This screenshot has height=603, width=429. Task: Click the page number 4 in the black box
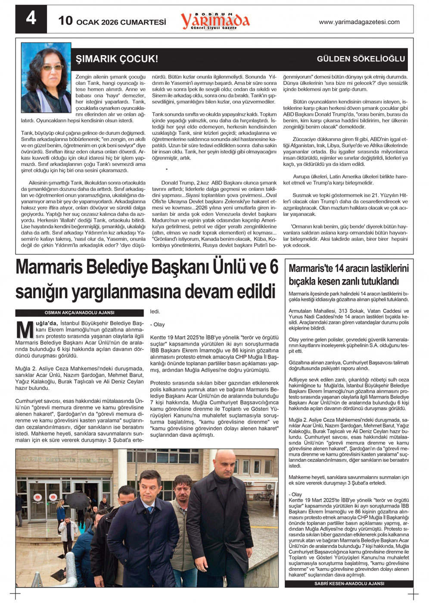(31, 18)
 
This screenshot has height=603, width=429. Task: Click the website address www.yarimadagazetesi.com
(359, 22)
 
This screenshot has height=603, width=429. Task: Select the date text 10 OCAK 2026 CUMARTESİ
(112, 21)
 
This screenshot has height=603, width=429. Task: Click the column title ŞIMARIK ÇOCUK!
(117, 59)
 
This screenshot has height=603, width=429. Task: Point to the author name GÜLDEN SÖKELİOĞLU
(361, 59)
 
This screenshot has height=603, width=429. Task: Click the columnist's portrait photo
(46, 78)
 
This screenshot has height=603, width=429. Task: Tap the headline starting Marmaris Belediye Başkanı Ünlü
(147, 279)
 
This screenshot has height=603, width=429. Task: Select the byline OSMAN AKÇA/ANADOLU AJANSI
(79, 313)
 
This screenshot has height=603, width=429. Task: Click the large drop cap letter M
(25, 329)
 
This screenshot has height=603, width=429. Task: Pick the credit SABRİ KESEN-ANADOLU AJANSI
(349, 584)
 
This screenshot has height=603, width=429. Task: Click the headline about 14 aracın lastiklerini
(348, 275)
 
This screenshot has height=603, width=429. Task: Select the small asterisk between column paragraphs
(167, 170)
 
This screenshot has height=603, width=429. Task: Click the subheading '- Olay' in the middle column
(157, 325)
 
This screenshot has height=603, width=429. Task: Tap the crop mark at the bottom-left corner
(16, 594)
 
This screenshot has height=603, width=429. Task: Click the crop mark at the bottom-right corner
(413, 594)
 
